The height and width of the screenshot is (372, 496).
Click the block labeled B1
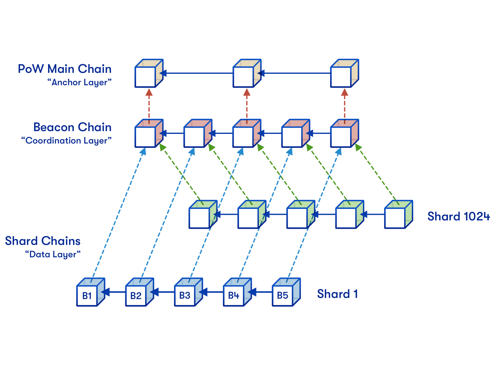[x=91, y=292]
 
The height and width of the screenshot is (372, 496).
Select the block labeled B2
[x=139, y=292]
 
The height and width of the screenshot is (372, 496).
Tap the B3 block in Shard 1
[x=188, y=292]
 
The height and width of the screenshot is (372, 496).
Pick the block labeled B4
[x=237, y=292]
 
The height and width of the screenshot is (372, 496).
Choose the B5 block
[x=286, y=292]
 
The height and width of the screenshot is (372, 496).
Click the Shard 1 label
[x=337, y=294]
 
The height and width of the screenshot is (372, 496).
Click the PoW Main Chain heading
[x=64, y=69]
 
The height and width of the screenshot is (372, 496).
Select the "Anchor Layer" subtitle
[x=79, y=82]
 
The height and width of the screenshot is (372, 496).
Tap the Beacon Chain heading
[x=72, y=127]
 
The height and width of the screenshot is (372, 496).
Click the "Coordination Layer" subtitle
[x=66, y=140]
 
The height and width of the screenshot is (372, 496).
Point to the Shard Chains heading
[x=43, y=241]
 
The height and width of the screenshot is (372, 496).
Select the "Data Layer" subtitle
[x=53, y=254]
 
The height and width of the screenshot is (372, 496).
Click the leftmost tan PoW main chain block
[x=149, y=73]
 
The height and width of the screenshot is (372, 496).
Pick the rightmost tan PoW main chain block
[x=344, y=73]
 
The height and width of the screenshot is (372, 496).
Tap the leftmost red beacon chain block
[x=149, y=133]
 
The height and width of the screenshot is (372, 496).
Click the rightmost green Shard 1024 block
[x=398, y=214]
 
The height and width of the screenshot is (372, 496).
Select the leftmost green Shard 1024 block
[x=203, y=214]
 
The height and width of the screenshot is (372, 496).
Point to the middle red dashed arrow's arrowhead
[x=247, y=92]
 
